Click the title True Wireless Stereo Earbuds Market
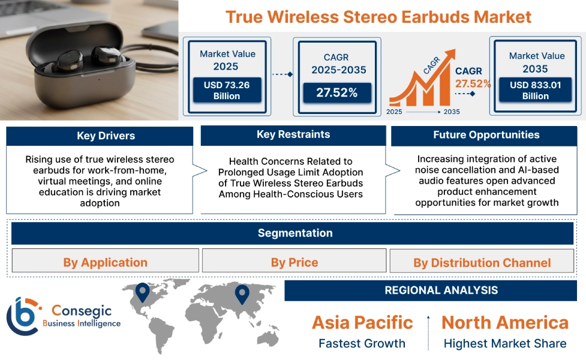click(x=378, y=16)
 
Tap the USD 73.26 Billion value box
click(x=227, y=91)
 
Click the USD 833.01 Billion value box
click(x=536, y=91)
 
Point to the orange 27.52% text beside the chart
click(x=473, y=83)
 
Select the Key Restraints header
click(x=293, y=134)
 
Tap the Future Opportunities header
click(x=486, y=135)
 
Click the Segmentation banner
click(x=294, y=233)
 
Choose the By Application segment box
click(x=105, y=262)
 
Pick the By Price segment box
click(x=294, y=262)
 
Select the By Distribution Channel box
click(x=482, y=262)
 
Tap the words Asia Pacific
click(x=362, y=322)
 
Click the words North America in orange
click(x=505, y=322)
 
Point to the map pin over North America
click(x=142, y=292)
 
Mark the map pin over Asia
click(x=242, y=294)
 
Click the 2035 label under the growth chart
click(x=452, y=112)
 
